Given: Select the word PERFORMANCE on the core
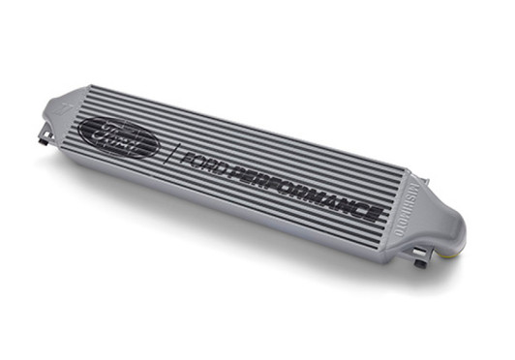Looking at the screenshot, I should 305,190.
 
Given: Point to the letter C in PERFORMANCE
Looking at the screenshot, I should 358,203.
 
